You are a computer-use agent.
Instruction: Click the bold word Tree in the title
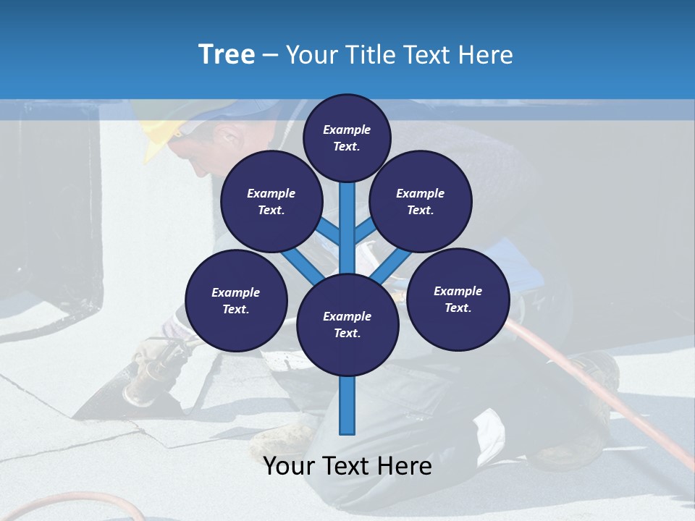click(x=227, y=55)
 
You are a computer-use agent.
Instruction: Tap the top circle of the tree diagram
click(x=347, y=137)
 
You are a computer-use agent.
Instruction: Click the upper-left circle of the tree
click(x=271, y=202)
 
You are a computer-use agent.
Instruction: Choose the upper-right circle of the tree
click(x=421, y=202)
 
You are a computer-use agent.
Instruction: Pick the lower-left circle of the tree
click(x=236, y=301)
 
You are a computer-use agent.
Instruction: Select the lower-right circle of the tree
click(x=458, y=300)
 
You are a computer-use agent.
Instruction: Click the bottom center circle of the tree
click(x=347, y=325)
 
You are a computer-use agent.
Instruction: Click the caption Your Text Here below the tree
click(x=347, y=467)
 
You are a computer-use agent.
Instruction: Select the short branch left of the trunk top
click(x=329, y=231)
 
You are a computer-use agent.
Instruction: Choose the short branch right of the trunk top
click(x=365, y=231)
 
